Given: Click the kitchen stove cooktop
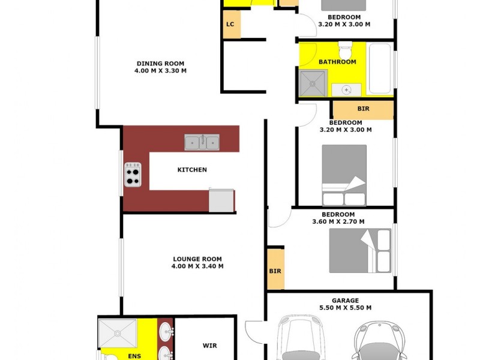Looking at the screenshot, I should [133, 175].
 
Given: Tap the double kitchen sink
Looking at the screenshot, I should [202, 142].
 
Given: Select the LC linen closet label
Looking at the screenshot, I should [230, 25].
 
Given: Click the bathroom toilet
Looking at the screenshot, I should [345, 47].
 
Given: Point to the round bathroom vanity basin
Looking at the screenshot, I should [347, 89].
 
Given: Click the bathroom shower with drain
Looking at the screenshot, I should [313, 83].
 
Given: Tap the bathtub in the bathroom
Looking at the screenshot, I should [380, 68].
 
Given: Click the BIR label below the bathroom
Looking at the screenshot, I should [363, 109].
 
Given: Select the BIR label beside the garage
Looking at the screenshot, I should [275, 271].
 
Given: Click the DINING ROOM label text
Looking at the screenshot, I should [160, 63].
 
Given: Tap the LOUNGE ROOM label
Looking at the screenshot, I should [197, 259].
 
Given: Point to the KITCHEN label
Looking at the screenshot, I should [192, 170].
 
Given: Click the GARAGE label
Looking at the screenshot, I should [346, 301].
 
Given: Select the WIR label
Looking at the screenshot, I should [209, 346].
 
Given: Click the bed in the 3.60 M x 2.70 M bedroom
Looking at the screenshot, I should [360, 250].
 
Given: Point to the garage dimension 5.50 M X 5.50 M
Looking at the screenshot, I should [346, 308].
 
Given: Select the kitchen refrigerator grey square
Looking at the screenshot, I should [221, 200].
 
